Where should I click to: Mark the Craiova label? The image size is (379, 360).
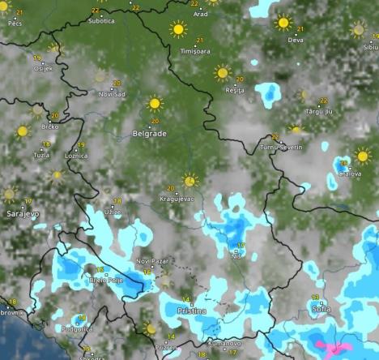pyautogui.click(x=349, y=174)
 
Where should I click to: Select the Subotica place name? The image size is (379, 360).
pyautogui.click(x=100, y=20)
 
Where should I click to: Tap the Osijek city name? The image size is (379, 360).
pyautogui.click(x=42, y=68)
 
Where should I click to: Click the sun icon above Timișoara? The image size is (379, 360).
pyautogui.click(x=178, y=29)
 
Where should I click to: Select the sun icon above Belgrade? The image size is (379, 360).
pyautogui.click(x=155, y=104)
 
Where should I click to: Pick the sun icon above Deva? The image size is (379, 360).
pyautogui.click(x=283, y=23)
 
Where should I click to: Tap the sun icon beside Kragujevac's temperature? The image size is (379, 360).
pyautogui.click(x=190, y=180)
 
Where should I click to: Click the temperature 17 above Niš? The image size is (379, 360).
pyautogui.click(x=240, y=246)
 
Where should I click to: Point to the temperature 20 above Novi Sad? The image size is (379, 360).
pyautogui.click(x=117, y=83)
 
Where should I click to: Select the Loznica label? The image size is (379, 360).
pyautogui.click(x=76, y=155)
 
